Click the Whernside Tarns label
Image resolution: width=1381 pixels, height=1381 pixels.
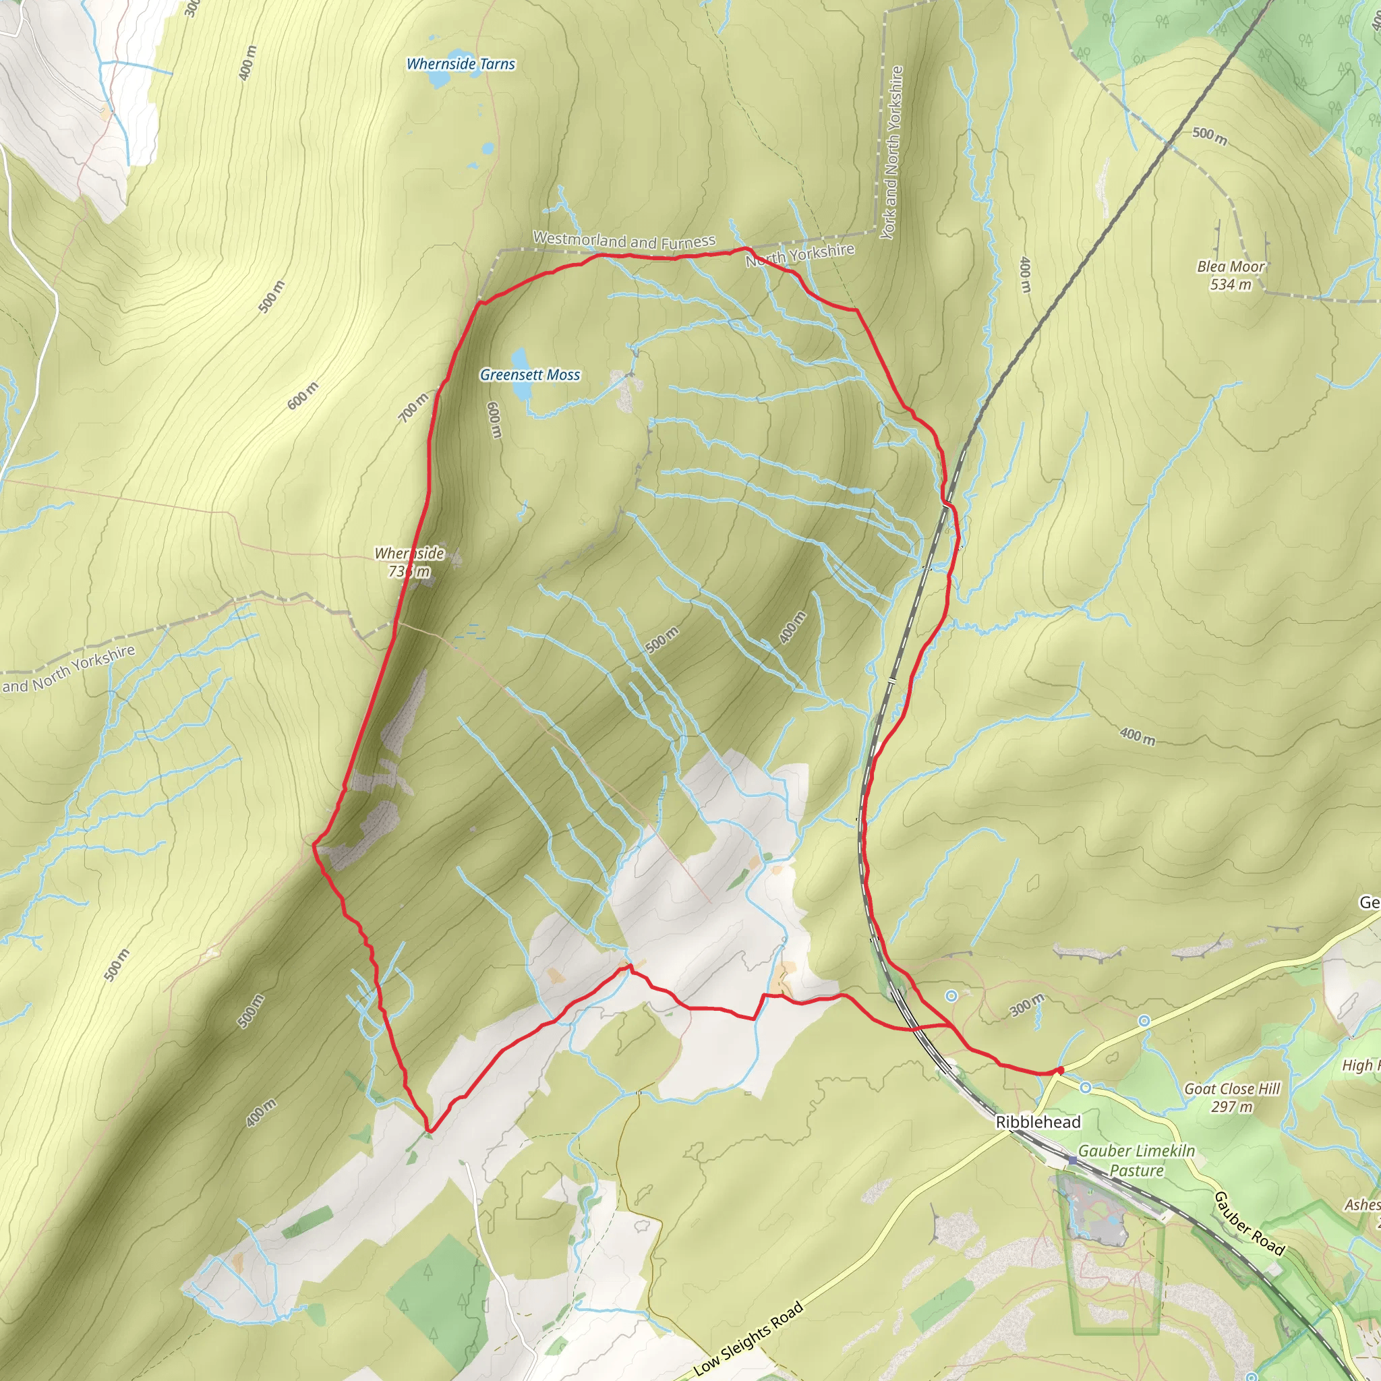coord(461,64)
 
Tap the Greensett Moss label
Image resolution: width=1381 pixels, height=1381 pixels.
coord(529,374)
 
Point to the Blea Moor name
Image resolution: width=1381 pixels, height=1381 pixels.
coord(1231,266)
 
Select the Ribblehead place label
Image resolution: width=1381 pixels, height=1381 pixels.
coord(1038,1122)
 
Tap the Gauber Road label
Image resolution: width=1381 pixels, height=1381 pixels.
coord(1249,1223)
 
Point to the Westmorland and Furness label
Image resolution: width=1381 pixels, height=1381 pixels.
coord(624,240)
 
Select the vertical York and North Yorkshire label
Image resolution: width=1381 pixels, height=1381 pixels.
coord(892,152)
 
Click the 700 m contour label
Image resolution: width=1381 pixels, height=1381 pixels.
coord(413,407)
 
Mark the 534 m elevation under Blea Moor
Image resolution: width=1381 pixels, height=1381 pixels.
coord(1231,285)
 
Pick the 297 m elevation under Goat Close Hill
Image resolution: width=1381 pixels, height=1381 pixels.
coord(1231,1107)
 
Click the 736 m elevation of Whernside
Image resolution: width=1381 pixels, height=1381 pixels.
coord(409,571)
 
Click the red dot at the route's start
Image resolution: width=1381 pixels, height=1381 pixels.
coord(1060,1070)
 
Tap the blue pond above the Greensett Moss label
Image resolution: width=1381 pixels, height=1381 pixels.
coord(519,357)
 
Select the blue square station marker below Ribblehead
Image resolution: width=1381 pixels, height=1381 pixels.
coord(1072,1160)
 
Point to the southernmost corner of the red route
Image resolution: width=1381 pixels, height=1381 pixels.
coord(429,1132)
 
